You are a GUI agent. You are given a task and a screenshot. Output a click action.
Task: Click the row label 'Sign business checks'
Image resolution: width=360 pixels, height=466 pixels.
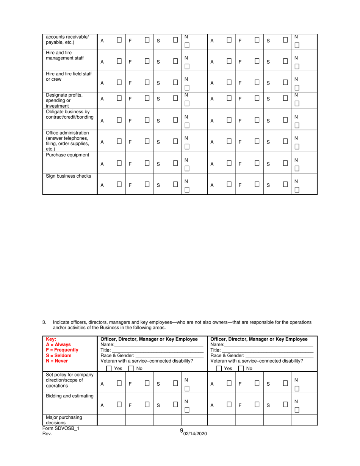[69, 176]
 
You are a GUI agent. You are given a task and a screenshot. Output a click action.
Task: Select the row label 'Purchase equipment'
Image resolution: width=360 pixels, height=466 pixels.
[67, 155]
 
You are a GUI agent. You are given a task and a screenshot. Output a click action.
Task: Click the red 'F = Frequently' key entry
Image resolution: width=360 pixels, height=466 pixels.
[62, 350]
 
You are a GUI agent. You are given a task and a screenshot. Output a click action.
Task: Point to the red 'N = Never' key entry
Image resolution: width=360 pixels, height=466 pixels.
[57, 361]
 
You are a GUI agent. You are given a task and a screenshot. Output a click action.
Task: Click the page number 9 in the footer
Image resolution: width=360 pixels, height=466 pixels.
[182, 430]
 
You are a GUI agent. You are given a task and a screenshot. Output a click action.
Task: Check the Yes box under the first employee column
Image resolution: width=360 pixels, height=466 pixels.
[109, 368]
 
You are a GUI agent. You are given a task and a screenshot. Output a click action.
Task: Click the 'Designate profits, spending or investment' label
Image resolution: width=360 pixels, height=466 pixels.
[64, 100]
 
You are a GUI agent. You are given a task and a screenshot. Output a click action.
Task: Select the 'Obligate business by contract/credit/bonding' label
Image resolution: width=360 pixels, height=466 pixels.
[69, 114]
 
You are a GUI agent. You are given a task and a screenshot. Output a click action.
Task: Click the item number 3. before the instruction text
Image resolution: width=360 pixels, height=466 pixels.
[44, 322]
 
